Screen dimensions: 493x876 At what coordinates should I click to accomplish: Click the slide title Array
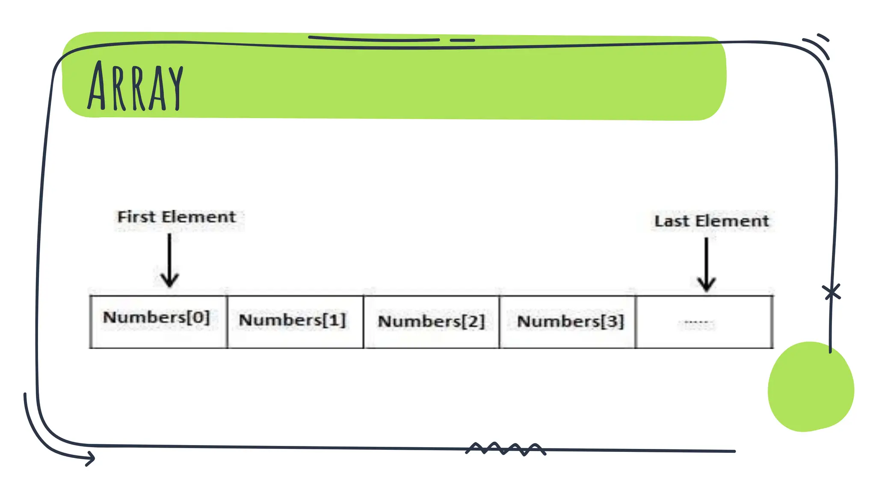click(135, 86)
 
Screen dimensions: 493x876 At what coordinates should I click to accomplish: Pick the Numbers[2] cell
click(431, 321)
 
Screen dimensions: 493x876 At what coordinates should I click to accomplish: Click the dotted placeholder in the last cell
click(698, 323)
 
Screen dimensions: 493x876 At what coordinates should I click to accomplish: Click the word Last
click(672, 221)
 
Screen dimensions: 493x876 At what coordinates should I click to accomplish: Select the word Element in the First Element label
click(199, 217)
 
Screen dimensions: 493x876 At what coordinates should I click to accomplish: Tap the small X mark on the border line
click(832, 292)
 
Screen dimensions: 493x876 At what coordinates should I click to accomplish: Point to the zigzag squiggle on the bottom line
click(505, 449)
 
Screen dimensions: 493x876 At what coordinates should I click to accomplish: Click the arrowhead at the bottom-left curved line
click(91, 458)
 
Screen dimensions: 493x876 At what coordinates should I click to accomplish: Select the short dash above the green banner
click(462, 40)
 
